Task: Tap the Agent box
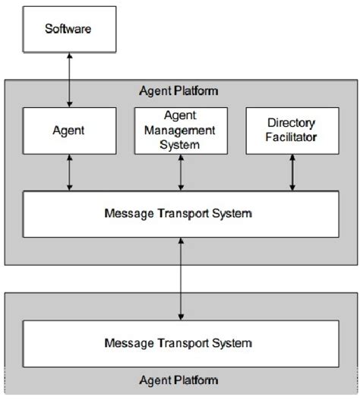click(69, 131)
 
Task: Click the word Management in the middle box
click(180, 131)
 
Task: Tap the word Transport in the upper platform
click(182, 213)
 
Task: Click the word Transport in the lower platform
click(182, 344)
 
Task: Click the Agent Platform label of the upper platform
click(180, 92)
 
